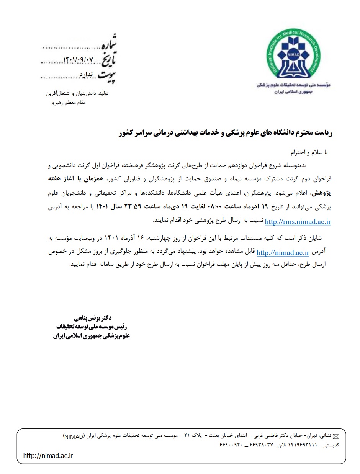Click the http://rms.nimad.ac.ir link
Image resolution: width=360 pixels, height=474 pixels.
coord(298,221)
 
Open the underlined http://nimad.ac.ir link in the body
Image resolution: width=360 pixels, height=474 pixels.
coord(283,252)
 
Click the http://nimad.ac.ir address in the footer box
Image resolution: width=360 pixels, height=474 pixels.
coord(48,456)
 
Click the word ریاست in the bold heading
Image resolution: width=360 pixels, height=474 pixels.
coord(324,133)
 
